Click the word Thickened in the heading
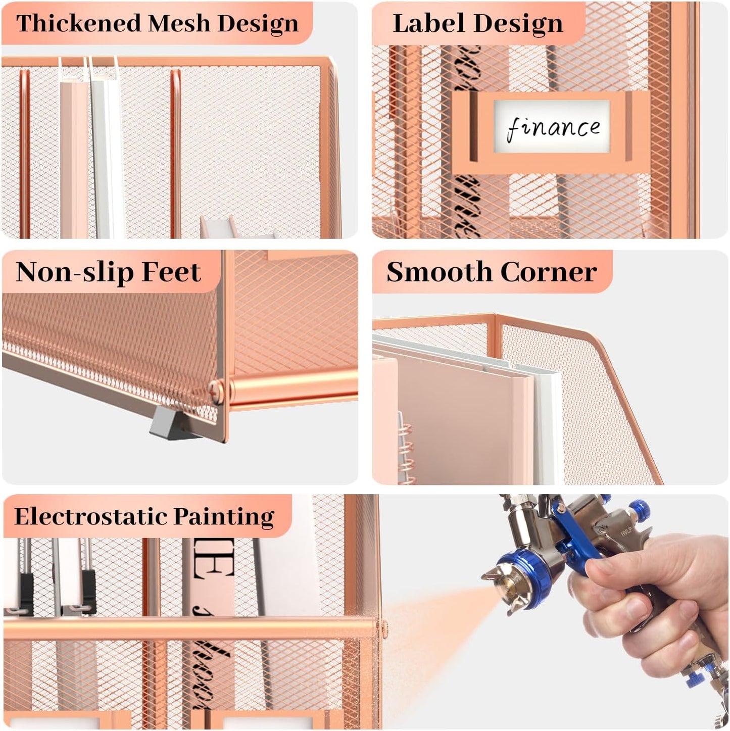(x=78, y=23)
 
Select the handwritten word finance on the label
(x=553, y=127)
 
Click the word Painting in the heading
(x=224, y=516)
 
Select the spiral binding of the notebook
(x=406, y=447)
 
